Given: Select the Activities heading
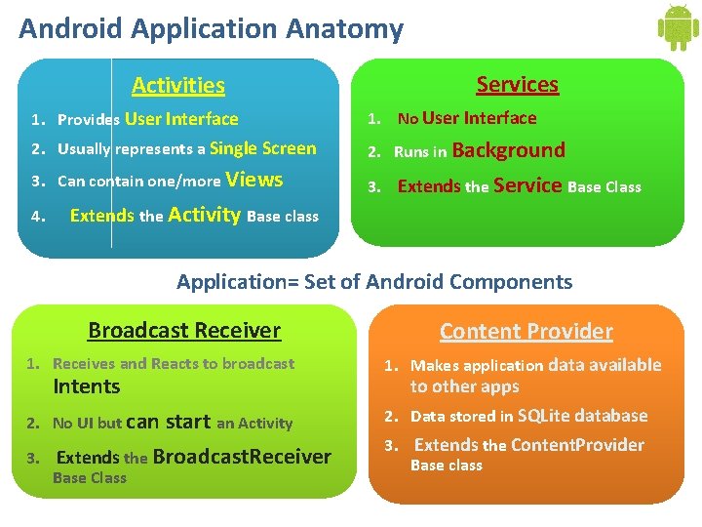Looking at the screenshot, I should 178,86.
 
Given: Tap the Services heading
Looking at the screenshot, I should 517,85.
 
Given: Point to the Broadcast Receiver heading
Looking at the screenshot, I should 184,331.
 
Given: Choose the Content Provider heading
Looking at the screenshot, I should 526,332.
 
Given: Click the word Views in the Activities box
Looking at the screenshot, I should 254,180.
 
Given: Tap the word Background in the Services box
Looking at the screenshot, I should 508,150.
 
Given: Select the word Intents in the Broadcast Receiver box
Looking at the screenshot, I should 87,386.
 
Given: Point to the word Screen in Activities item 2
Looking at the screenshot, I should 290,148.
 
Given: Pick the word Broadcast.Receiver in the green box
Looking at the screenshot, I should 242,457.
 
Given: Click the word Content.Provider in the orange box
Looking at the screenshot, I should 577,445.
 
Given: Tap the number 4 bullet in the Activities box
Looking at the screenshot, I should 38,217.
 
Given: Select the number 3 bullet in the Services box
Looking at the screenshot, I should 373,186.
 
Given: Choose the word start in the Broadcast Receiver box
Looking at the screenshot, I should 188,422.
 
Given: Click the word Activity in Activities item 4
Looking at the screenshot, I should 205,215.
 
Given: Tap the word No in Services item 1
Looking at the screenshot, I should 408,119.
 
